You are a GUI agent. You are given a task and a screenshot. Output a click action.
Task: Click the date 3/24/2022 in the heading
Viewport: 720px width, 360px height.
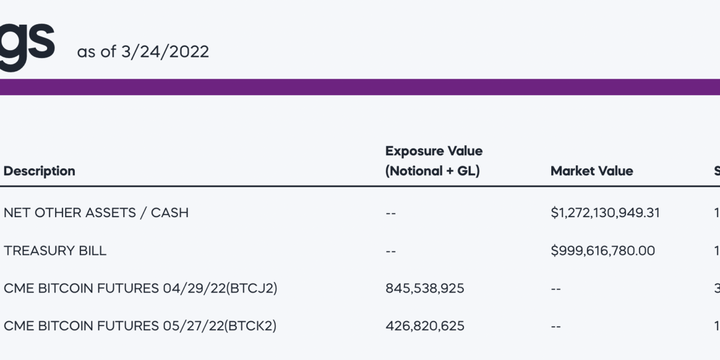[x=165, y=52]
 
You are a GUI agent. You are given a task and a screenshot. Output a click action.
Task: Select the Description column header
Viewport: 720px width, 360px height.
[x=39, y=171]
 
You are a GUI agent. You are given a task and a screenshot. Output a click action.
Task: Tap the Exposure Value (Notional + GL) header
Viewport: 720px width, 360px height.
[x=434, y=161]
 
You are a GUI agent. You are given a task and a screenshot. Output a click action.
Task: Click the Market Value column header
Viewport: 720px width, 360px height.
[x=592, y=171]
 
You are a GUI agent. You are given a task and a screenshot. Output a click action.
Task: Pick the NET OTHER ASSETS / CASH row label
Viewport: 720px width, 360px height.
[x=96, y=213]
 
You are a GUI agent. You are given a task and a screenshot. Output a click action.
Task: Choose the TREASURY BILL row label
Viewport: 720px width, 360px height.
[x=55, y=250]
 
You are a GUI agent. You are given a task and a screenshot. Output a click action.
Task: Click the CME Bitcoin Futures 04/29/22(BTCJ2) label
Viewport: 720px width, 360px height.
[x=141, y=288]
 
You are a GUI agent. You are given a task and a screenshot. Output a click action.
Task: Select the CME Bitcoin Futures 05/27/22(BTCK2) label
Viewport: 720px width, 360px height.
[x=140, y=326]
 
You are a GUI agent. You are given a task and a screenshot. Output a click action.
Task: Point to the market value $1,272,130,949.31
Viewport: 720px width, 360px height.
[x=605, y=213]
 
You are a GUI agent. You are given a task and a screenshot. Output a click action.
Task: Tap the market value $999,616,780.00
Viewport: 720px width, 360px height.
[x=603, y=250]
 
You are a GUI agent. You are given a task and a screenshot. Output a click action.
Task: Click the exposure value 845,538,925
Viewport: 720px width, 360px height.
[x=425, y=288]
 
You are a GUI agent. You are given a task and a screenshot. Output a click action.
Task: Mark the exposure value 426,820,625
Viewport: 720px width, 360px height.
[x=425, y=326]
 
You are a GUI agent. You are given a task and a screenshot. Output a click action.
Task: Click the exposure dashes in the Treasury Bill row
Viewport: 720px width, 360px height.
[x=391, y=251]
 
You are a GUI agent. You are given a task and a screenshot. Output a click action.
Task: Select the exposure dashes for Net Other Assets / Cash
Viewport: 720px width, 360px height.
[x=391, y=213]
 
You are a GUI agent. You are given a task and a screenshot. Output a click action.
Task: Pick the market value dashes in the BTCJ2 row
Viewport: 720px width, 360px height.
[x=556, y=289]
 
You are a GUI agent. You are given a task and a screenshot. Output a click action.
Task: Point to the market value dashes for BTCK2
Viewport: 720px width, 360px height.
[x=556, y=326]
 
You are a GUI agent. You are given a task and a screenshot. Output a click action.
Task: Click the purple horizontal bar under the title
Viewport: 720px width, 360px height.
[x=360, y=87]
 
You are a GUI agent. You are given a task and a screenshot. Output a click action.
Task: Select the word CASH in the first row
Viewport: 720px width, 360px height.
[x=169, y=213]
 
